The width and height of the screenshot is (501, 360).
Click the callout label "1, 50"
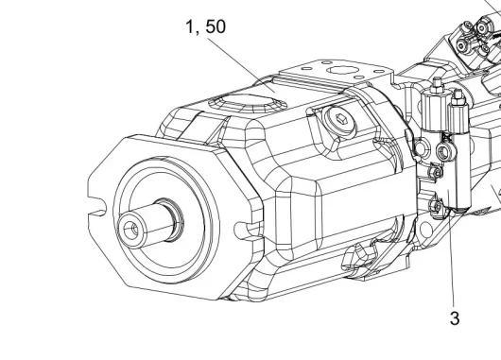(x=206, y=26)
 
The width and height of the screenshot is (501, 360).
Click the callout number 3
(x=455, y=318)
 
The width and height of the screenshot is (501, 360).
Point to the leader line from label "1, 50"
(x=241, y=65)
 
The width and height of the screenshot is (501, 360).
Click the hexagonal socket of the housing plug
(x=336, y=120)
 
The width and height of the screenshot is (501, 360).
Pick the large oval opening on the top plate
(x=342, y=71)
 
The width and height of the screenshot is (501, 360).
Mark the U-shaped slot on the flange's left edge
(x=96, y=206)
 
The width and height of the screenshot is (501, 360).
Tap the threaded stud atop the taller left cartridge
(x=437, y=85)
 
